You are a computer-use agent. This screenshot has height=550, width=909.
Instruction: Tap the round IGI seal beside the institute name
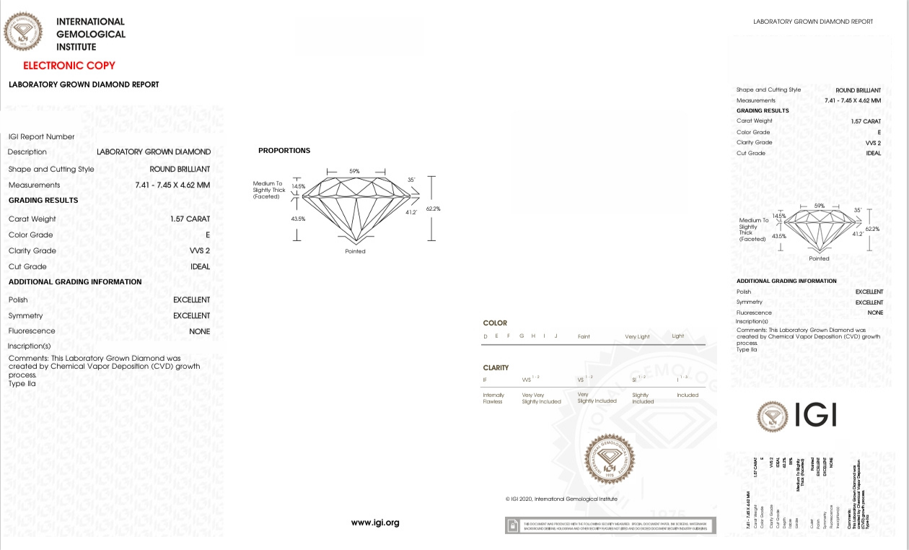pos(23,32)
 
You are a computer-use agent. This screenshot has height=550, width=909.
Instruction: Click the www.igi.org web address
pos(375,523)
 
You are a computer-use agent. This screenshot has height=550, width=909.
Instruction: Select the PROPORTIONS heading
pos(284,151)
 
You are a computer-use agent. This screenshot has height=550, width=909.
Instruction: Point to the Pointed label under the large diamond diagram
pos(355,251)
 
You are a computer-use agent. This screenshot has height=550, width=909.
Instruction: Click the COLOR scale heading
pos(495,323)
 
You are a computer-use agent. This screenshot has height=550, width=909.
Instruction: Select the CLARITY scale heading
pos(496,368)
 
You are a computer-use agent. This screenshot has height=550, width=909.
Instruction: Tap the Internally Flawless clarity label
pos(493,398)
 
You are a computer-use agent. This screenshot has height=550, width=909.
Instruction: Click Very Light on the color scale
pos(637,336)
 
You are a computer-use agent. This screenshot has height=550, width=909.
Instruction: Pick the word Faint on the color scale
pos(584,336)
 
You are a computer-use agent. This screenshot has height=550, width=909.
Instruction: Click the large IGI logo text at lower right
pos(816,415)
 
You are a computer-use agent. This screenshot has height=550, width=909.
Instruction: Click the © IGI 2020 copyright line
pos(561,499)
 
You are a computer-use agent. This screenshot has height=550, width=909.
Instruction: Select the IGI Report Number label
pos(41,136)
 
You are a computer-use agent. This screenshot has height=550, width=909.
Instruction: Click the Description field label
pos(27,152)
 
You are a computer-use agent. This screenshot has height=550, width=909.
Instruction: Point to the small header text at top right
pos(813,22)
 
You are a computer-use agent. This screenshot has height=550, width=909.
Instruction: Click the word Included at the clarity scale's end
pos(688,395)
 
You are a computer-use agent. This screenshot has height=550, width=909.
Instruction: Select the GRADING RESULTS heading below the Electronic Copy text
pos(43,201)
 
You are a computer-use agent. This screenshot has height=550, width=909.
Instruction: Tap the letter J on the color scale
pos(555,336)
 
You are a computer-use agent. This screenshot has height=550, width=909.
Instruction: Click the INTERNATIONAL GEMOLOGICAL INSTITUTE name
pos(91,34)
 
